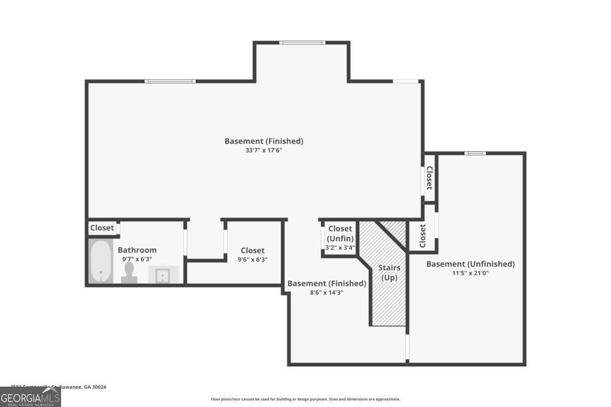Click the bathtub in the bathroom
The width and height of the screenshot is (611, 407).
click(101, 261)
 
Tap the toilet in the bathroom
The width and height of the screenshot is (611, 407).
click(129, 272)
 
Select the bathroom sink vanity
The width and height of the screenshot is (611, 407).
click(163, 275)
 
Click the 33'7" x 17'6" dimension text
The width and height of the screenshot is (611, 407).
click(264, 150)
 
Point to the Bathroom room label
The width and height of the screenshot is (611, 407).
click(137, 250)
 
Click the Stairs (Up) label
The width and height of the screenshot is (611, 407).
click(389, 273)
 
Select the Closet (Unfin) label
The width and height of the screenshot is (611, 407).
click(340, 234)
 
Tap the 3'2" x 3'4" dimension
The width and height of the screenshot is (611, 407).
click(340, 248)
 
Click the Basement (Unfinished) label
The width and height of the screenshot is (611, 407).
click(470, 264)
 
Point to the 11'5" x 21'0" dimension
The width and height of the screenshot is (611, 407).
click(470, 273)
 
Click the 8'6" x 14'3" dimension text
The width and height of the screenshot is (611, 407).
click(326, 292)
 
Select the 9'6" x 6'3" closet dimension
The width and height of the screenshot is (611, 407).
click(253, 259)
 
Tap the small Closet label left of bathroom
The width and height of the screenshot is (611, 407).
click(102, 228)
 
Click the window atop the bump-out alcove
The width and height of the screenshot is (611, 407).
click(302, 43)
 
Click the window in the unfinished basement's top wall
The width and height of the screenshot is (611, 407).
click(475, 153)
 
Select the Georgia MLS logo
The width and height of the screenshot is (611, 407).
click(31, 397)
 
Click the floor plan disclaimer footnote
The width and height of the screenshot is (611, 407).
click(305, 399)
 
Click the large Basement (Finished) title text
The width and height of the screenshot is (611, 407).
click(264, 141)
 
